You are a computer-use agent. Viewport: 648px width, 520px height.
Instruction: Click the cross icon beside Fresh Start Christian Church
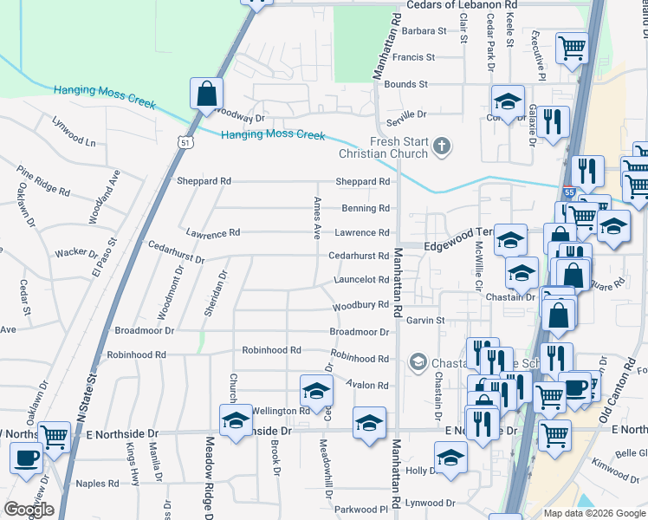(442, 145)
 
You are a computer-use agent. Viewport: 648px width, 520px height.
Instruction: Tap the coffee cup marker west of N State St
(26, 458)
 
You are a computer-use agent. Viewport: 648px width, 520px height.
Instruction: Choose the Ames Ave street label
(317, 218)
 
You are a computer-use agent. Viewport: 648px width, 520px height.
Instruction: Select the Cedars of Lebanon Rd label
(502, 5)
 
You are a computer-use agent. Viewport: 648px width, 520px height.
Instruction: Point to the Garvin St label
(425, 320)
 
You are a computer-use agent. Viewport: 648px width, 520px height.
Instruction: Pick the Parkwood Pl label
(359, 509)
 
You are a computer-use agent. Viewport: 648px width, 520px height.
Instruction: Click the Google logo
(29, 510)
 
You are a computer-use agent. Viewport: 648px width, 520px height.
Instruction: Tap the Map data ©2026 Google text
(593, 513)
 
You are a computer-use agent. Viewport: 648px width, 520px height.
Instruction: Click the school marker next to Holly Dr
(450, 458)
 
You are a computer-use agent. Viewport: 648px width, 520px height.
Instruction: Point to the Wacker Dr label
(77, 253)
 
